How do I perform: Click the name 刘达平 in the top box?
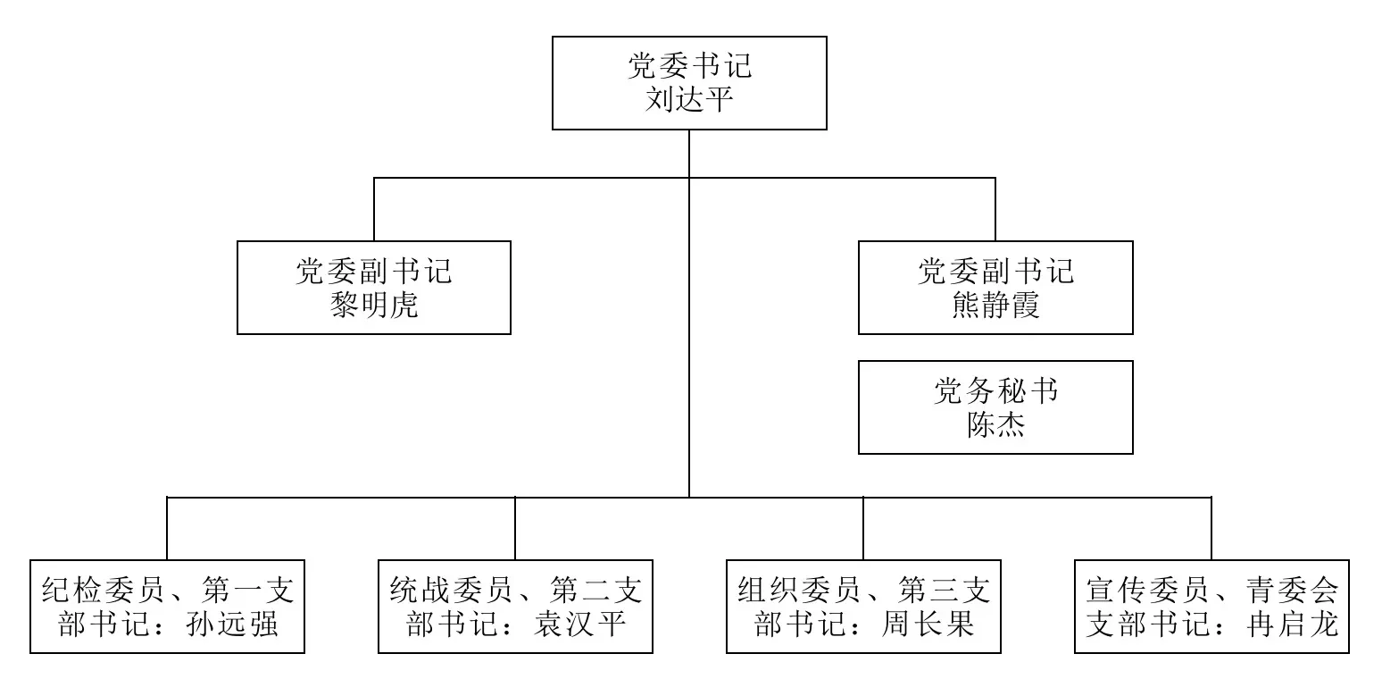[x=689, y=99]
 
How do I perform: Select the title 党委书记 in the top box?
[x=690, y=65]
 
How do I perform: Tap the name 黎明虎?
[x=374, y=305]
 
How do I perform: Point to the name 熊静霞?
[x=995, y=305]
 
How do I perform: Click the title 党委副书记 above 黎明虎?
[x=374, y=271]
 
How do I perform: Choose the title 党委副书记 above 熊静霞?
[x=995, y=271]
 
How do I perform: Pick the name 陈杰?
[x=995, y=424]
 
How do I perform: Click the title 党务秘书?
[x=995, y=390]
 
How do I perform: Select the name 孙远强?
[x=231, y=625]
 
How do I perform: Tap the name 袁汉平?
[x=580, y=625]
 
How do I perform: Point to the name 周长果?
[x=928, y=625]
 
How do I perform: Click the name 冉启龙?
[x=1292, y=625]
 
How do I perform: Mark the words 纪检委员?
[x=103, y=591]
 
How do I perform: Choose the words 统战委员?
[x=451, y=591]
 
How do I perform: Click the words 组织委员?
[x=799, y=591]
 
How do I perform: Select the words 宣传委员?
[x=1147, y=591]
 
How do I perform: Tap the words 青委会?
[x=1292, y=591]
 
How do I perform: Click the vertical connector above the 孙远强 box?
[x=167, y=528]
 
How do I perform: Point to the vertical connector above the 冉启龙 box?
[x=1211, y=528]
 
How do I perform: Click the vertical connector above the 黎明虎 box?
[x=374, y=209]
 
